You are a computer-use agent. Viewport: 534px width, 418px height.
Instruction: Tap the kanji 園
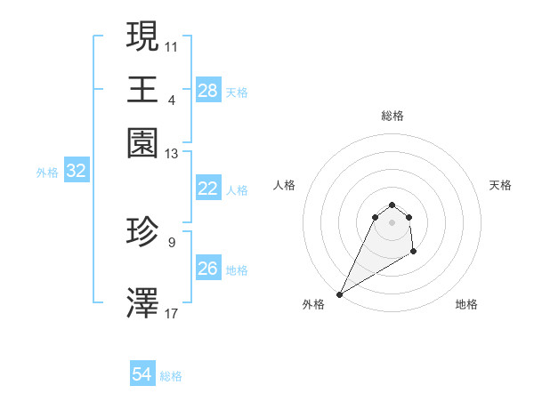coord(142,143)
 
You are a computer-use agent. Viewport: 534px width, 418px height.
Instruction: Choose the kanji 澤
coord(142,302)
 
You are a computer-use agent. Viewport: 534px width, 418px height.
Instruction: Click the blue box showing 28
coord(208,91)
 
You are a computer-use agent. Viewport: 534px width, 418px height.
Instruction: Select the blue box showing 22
coord(208,189)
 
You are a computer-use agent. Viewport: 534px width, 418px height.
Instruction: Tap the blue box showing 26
coord(208,269)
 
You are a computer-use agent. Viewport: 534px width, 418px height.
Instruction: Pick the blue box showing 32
coord(76,172)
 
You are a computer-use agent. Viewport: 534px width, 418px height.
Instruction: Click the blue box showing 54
coord(142,375)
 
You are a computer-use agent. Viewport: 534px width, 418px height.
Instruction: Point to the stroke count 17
coord(171,313)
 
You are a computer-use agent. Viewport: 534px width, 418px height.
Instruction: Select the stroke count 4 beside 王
coord(172,100)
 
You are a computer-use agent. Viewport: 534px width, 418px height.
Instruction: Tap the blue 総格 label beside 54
coord(171,376)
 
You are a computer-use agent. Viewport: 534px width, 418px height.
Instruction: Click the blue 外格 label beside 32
coord(47,173)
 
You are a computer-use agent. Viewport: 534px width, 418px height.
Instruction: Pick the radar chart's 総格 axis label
coord(392,116)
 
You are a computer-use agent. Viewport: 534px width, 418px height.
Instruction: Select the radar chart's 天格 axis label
coord(501,185)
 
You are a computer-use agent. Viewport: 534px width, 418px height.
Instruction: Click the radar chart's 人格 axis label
coord(284,185)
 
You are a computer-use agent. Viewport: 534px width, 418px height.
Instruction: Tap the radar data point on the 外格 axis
coord(339,293)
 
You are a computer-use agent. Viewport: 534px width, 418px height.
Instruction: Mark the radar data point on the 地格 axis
coord(414,252)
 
